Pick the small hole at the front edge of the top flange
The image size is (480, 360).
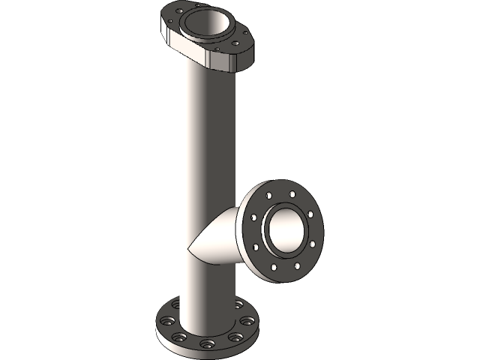tap(217, 49)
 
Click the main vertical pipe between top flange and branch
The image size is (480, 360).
tap(208, 135)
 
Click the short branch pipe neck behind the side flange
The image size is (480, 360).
tap(229, 236)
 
